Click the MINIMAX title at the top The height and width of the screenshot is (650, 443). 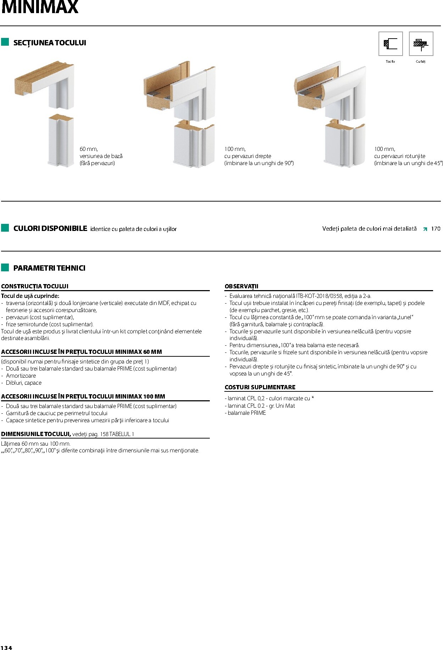(x=40, y=7)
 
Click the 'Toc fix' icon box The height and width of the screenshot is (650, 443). (x=390, y=44)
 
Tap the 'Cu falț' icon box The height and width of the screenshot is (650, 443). (x=421, y=44)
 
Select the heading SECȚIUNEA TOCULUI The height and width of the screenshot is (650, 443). (x=50, y=43)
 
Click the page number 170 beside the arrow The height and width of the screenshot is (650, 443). (x=436, y=229)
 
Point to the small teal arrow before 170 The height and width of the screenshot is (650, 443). (x=425, y=229)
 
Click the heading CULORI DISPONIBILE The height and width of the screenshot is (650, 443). (x=50, y=228)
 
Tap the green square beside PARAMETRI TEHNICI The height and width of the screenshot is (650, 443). (x=5, y=267)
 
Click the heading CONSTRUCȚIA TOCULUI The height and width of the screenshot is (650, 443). (x=35, y=286)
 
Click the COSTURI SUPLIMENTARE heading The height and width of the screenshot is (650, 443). (x=260, y=387)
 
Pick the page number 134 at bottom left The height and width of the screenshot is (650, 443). (x=6, y=648)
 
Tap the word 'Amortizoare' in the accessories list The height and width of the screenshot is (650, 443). (x=21, y=375)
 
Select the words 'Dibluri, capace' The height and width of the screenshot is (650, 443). (x=24, y=383)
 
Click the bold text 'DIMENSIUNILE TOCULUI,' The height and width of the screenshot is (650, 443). (x=36, y=434)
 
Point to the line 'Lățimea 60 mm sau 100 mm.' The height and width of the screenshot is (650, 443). (x=36, y=443)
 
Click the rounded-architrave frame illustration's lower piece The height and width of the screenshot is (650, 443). (x=344, y=145)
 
